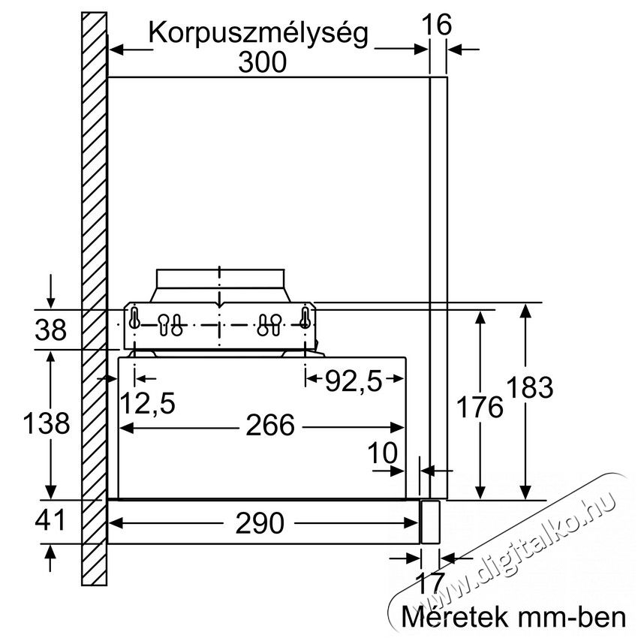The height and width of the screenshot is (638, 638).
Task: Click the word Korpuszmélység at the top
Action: click(258, 33)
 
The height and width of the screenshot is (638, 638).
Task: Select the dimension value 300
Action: click(263, 62)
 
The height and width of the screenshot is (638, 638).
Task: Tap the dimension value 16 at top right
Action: click(437, 25)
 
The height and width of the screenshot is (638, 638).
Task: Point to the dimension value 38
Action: click(50, 330)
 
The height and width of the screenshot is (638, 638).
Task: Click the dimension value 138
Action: click(47, 423)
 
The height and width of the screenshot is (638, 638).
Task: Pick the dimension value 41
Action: click(50, 520)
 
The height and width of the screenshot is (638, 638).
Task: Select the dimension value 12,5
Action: click(148, 404)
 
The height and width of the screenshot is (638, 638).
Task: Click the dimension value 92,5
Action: click(354, 382)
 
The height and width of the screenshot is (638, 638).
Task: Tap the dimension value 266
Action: click(269, 426)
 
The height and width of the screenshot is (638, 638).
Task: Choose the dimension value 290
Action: click(260, 523)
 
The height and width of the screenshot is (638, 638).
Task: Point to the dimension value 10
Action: click(383, 453)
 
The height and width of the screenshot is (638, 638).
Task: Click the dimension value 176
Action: click(480, 407)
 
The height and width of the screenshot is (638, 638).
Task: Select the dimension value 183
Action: click(530, 387)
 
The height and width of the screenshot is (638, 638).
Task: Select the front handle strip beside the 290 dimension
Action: click(430, 522)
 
